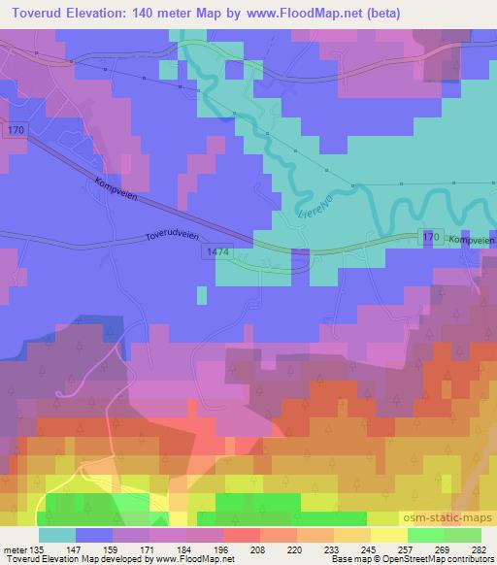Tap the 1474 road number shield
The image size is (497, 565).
(217, 251)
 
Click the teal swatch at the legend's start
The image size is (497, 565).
(58, 535)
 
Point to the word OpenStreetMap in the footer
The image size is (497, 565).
(411, 559)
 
